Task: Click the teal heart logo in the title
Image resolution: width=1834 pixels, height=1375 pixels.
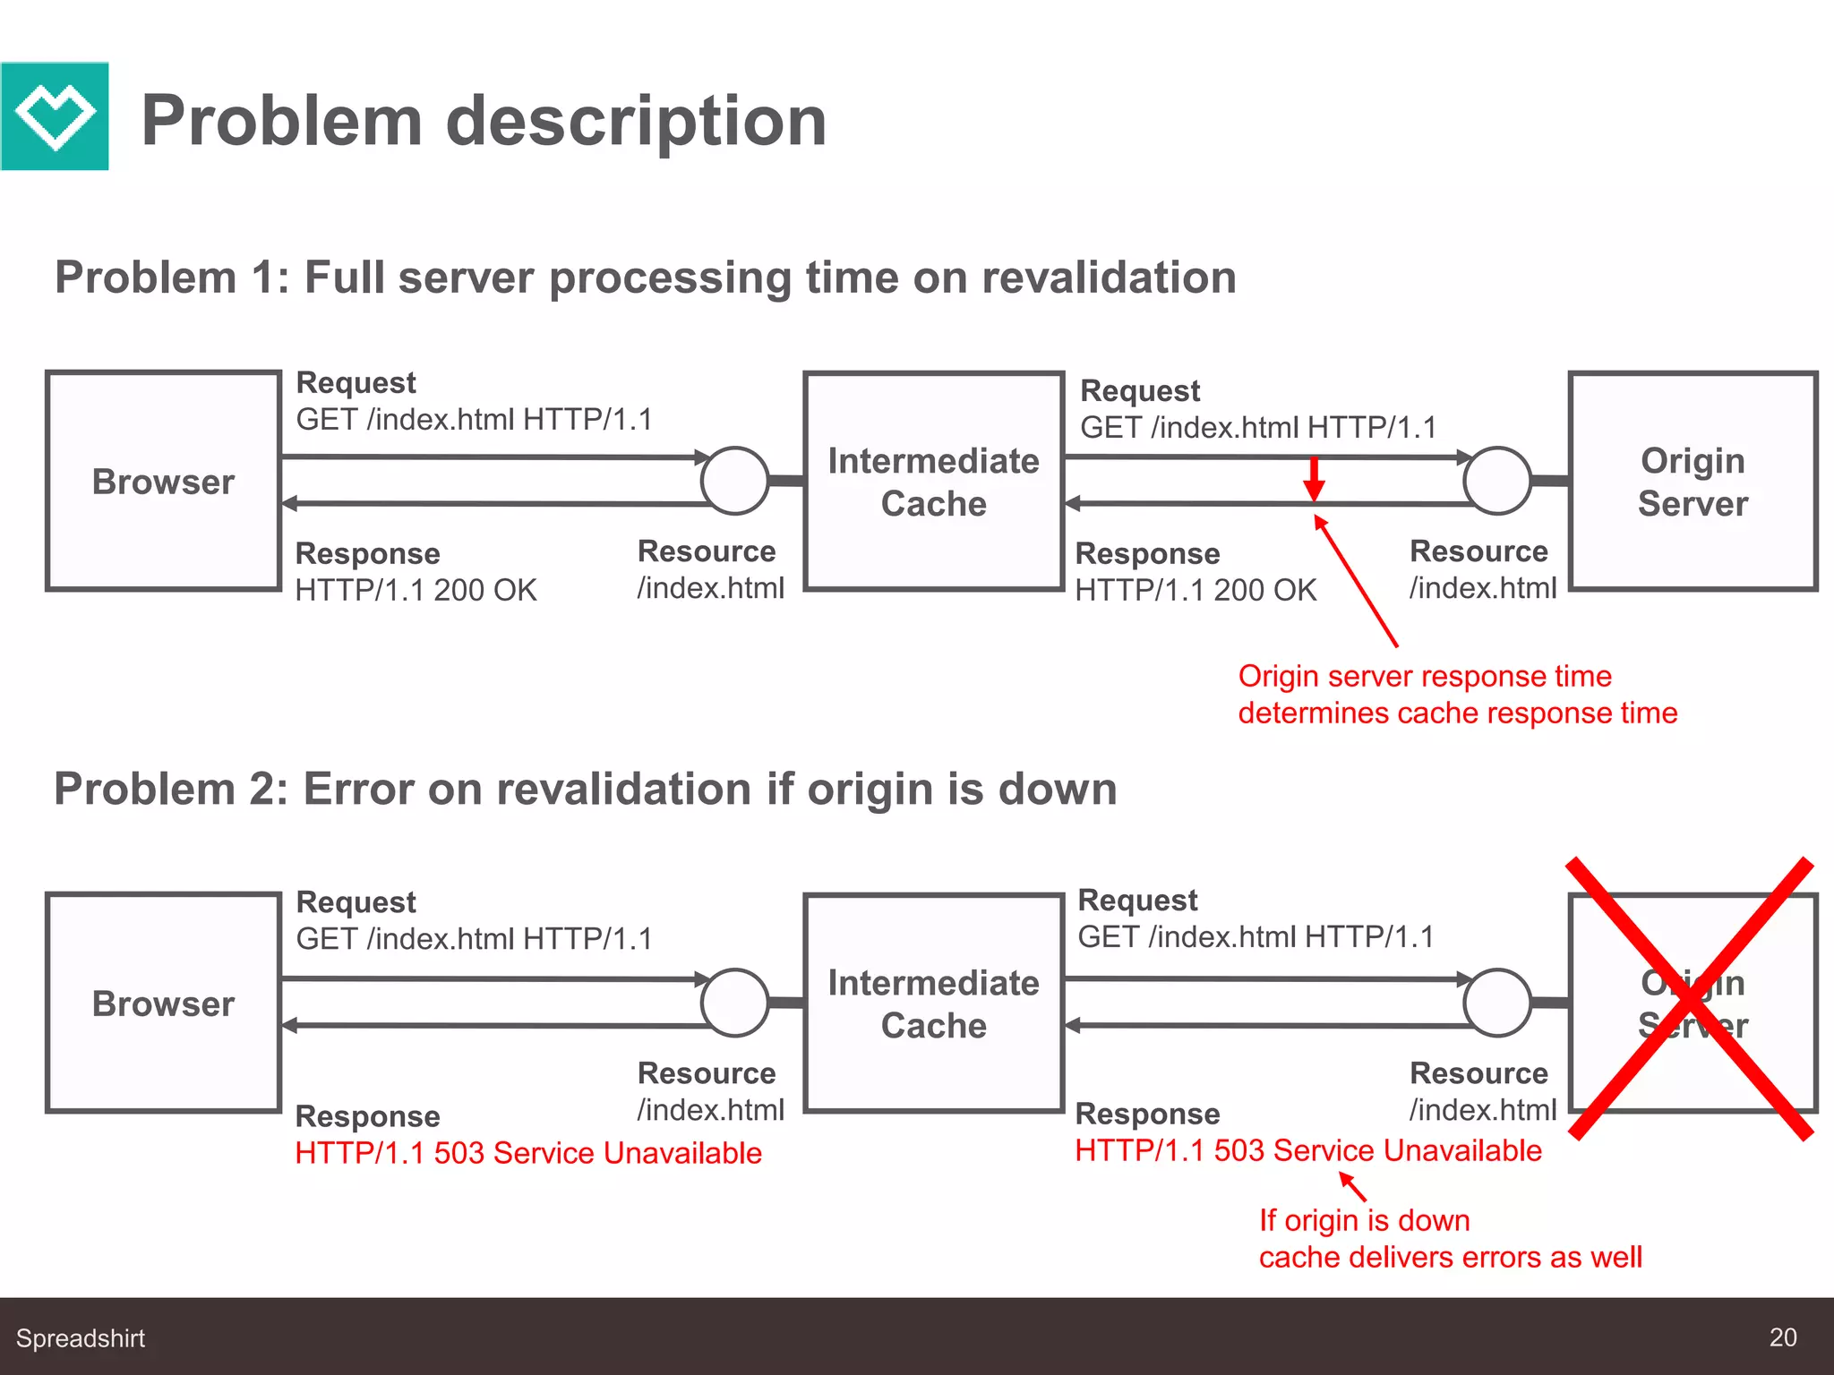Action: click(x=55, y=116)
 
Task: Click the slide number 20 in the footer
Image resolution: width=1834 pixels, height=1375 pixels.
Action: click(x=1782, y=1337)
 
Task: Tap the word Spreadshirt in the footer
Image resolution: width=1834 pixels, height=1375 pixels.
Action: click(x=81, y=1338)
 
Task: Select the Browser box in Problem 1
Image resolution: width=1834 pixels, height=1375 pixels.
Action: click(x=163, y=482)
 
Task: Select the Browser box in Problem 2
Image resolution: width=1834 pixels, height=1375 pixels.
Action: click(x=163, y=1003)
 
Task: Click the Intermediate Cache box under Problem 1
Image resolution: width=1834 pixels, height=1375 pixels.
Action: click(x=933, y=482)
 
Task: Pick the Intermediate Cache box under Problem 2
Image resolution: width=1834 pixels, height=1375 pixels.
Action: click(x=933, y=1003)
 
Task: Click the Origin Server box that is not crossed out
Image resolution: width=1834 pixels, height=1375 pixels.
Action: click(x=1693, y=482)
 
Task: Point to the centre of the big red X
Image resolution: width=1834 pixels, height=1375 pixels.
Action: click(x=1691, y=999)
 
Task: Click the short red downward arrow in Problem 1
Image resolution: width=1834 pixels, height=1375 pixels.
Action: click(x=1314, y=480)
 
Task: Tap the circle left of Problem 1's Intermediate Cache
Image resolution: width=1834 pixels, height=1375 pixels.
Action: click(x=734, y=481)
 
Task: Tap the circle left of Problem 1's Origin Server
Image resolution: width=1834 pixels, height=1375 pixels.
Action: click(x=1496, y=481)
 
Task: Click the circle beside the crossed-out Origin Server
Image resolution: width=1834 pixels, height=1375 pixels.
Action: click(x=1496, y=1003)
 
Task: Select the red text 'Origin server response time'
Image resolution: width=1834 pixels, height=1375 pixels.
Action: click(x=1425, y=677)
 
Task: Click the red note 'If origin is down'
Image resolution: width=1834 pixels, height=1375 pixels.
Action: click(x=1364, y=1221)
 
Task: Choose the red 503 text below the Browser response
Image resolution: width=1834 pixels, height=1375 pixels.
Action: click(x=528, y=1153)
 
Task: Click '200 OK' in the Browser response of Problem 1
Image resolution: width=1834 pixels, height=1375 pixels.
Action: click(x=485, y=591)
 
